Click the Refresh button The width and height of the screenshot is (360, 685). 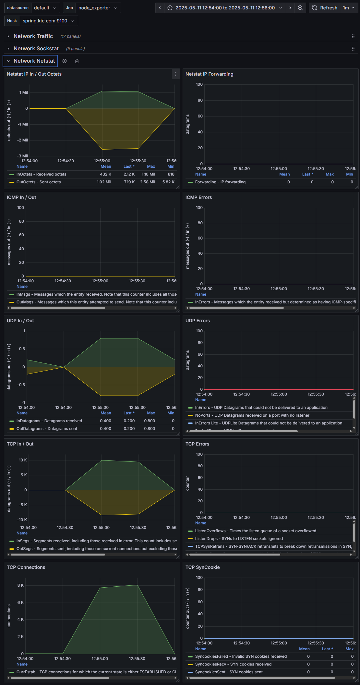point(325,8)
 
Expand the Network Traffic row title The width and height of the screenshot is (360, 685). point(33,36)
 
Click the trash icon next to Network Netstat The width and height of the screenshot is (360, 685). point(77,61)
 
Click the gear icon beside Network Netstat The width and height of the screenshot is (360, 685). point(65,61)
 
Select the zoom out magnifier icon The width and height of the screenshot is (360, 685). point(300,8)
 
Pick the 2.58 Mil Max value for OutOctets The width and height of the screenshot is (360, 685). point(147,182)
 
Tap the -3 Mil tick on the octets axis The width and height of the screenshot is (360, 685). point(22,156)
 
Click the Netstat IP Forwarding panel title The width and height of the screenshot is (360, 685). point(209,74)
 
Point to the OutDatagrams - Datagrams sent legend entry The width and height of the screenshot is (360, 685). point(47,429)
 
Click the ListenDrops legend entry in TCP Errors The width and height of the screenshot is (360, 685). point(239,539)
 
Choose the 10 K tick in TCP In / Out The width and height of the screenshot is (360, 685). point(23,460)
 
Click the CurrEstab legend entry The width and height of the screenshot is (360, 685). point(96,672)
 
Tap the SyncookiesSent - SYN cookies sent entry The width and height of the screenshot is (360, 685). point(229,672)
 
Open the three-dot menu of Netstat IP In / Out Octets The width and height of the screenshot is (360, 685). point(176,74)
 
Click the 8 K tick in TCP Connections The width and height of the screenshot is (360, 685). point(20,585)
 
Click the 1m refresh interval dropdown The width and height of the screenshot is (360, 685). point(348,8)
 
